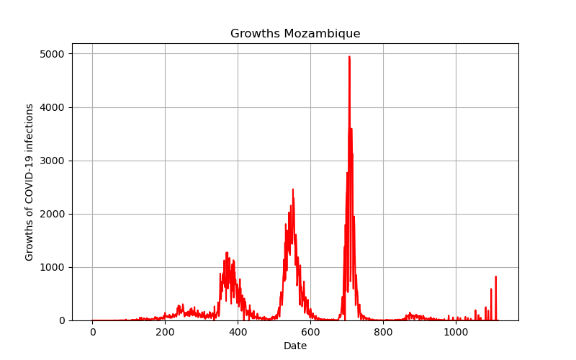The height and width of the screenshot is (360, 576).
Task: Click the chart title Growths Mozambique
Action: click(295, 33)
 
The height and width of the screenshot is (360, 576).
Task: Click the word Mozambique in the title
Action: click(322, 33)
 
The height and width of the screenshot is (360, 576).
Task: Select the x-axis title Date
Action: click(295, 346)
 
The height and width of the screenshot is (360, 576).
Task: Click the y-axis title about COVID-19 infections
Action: click(30, 182)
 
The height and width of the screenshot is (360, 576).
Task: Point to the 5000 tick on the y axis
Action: click(52, 54)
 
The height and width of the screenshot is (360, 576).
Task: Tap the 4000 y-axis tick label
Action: click(52, 107)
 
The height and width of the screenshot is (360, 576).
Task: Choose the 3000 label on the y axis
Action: click(52, 161)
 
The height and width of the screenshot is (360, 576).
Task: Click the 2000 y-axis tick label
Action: click(52, 214)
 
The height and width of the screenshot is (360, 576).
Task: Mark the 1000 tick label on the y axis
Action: click(52, 267)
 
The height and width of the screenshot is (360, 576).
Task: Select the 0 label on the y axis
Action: click(61, 320)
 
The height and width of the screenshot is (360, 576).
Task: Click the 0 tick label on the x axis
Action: click(93, 333)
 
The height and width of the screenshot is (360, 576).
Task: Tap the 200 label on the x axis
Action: click(165, 333)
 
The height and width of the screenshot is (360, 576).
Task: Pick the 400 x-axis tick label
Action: click(238, 333)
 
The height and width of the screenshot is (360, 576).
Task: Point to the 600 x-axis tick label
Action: click(310, 333)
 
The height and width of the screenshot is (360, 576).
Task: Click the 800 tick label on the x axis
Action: click(383, 333)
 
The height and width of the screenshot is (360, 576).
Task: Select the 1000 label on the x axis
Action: click(456, 333)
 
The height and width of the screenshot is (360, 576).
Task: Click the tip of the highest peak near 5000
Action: click(349, 57)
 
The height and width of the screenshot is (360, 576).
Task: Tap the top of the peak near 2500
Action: click(293, 189)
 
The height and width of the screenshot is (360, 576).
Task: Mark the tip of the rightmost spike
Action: click(495, 276)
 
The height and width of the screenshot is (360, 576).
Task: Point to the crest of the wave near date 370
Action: click(227, 253)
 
